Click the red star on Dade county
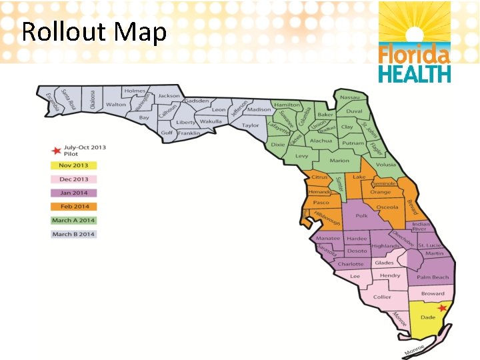click(x=442, y=308)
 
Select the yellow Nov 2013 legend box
click(x=74, y=165)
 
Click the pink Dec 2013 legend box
click(x=74, y=179)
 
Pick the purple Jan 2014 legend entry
click(x=74, y=193)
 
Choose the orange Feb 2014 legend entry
click(x=74, y=207)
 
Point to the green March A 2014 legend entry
click(x=74, y=220)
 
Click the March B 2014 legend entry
click(x=74, y=234)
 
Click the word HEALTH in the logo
click(x=415, y=73)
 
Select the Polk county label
click(x=362, y=216)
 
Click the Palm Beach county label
click(x=433, y=277)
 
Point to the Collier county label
click(x=383, y=297)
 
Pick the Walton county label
click(x=116, y=105)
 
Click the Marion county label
click(x=339, y=161)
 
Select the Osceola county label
click(x=387, y=207)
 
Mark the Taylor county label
click(x=251, y=125)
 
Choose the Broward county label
click(x=433, y=294)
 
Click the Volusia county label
click(x=385, y=165)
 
